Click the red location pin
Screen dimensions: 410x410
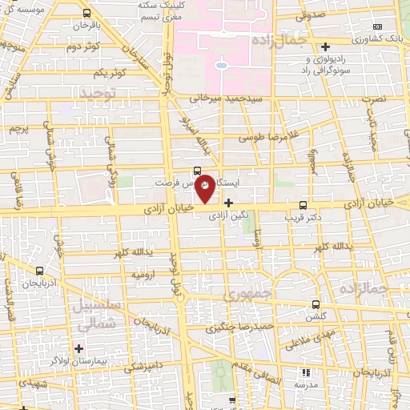click(x=205, y=189)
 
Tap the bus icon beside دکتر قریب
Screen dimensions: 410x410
click(x=302, y=205)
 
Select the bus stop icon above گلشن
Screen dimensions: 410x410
click(x=316, y=304)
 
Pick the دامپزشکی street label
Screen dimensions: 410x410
click(x=151, y=366)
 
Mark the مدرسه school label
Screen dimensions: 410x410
click(x=305, y=384)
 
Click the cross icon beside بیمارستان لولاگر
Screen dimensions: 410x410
click(x=78, y=348)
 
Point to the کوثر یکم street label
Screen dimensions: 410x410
click(x=111, y=74)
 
